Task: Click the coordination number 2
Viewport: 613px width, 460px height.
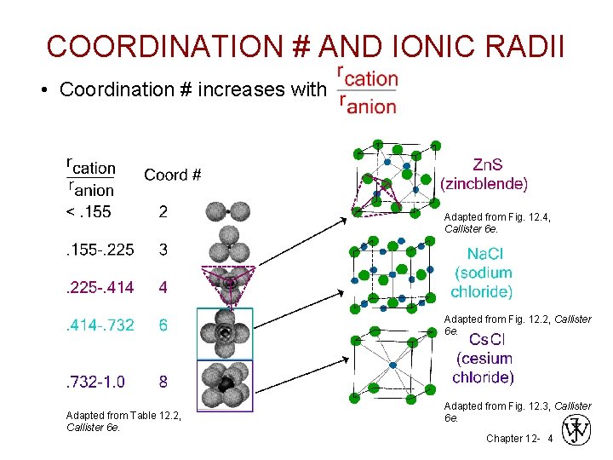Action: coord(163,212)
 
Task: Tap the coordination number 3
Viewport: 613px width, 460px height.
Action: coord(163,250)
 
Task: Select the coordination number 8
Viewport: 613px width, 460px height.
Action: coord(163,381)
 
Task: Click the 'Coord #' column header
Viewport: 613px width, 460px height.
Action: coord(172,175)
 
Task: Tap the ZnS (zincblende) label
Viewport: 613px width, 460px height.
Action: coord(484,174)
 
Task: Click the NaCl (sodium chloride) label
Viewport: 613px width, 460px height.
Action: coord(482,273)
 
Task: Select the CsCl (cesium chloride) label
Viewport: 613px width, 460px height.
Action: coord(483,358)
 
